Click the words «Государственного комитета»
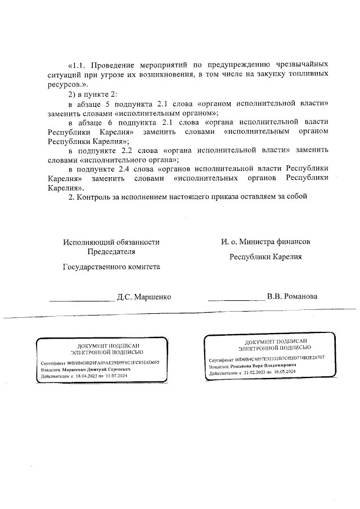[111, 267]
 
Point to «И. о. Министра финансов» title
[265, 241]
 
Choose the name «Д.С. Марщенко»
[143, 296]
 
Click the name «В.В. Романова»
[292, 296]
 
